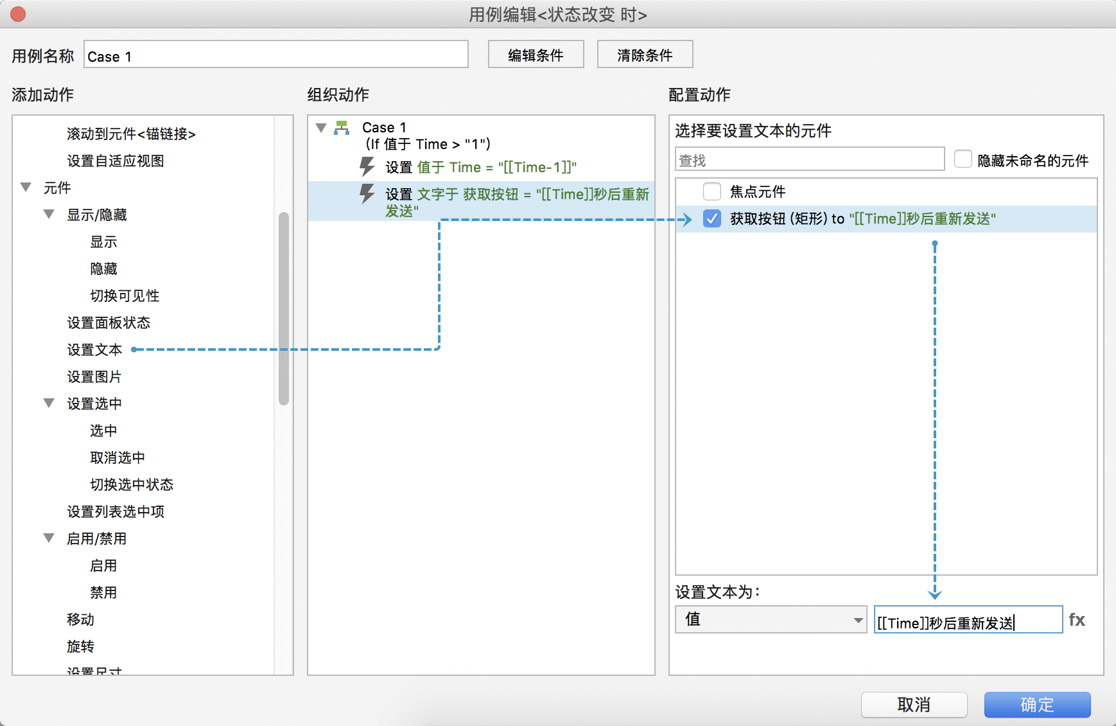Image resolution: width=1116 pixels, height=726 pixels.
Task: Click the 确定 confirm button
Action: (x=1037, y=705)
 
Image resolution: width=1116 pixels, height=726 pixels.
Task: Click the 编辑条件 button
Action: (x=536, y=55)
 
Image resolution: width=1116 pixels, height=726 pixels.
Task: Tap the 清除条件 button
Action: (x=645, y=55)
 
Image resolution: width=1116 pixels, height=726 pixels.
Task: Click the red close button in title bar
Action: (x=18, y=14)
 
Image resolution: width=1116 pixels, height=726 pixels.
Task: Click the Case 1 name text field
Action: (x=276, y=55)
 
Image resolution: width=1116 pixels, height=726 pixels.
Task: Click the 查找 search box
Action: (x=810, y=159)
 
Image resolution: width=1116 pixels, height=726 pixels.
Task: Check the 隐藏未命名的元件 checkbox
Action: (x=963, y=159)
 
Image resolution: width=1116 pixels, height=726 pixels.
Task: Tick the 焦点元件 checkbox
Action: (x=711, y=191)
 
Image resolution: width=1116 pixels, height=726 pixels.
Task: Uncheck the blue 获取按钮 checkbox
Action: (x=711, y=218)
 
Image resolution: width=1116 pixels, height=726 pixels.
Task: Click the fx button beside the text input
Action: (x=1077, y=620)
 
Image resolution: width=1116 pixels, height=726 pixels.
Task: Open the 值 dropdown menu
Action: (x=771, y=620)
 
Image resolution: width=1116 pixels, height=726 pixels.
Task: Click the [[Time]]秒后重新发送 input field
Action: (x=968, y=620)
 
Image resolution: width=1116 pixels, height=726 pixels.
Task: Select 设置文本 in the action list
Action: (x=94, y=350)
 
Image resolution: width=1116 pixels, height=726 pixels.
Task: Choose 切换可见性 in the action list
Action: (x=125, y=296)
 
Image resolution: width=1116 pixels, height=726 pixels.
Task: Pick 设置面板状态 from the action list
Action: (x=109, y=323)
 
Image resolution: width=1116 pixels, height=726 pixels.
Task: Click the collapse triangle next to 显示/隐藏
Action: (x=49, y=214)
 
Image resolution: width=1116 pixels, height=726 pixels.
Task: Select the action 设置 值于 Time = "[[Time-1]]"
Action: (x=481, y=167)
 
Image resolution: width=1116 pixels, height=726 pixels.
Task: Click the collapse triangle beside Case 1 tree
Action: (x=321, y=127)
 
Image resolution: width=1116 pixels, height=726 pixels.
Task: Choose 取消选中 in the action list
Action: (x=118, y=457)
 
